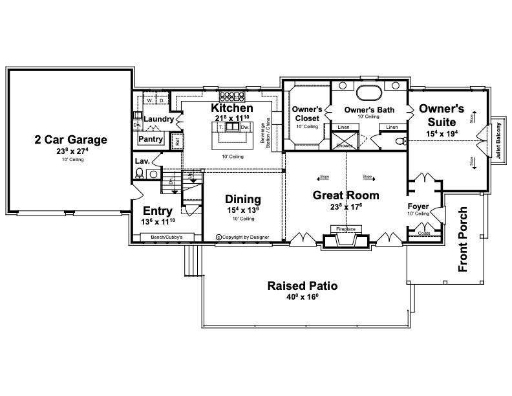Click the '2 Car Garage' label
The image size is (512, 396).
click(70, 139)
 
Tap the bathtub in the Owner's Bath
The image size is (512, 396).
click(369, 90)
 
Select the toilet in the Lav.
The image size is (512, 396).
click(140, 173)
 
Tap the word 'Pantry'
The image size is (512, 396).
click(151, 138)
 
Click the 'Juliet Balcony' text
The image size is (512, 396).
click(498, 142)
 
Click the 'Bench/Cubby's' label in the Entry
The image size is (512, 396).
click(167, 237)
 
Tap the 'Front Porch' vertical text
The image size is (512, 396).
click(463, 240)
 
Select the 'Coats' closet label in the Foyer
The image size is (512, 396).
click(424, 234)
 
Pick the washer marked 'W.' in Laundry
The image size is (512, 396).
click(149, 101)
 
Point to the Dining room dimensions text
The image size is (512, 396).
click(242, 210)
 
